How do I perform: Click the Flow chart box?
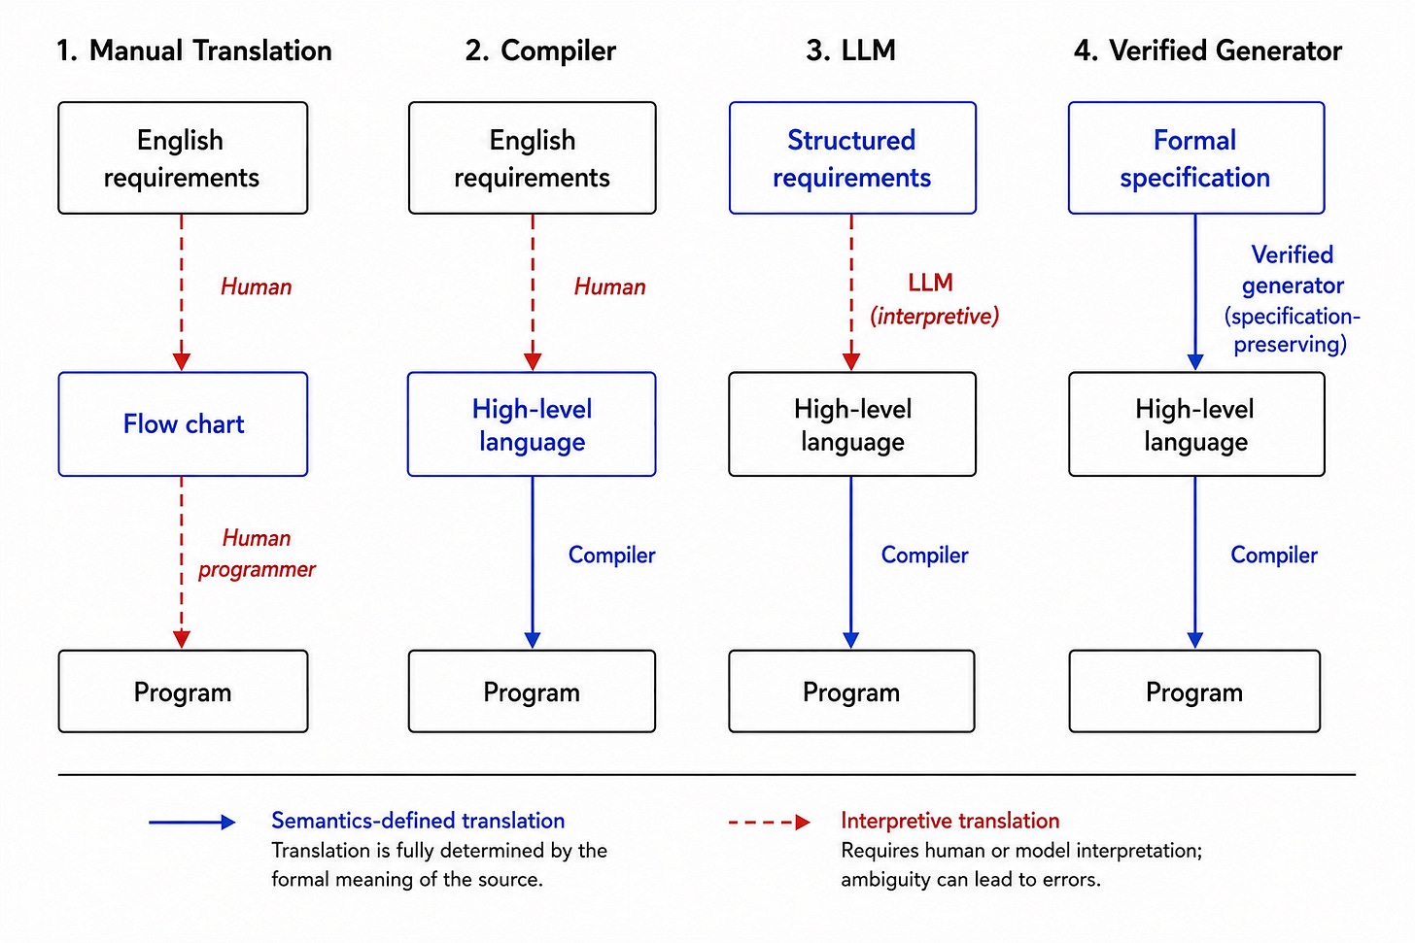183,423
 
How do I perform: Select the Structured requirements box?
852,157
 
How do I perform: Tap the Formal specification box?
1196,157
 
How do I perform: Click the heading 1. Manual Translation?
194,51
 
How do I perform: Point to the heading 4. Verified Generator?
1208,51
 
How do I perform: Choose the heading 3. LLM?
851,51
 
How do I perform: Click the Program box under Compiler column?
532,691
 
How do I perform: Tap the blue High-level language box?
532,423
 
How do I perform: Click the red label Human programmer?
257,554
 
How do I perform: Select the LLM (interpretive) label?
934,299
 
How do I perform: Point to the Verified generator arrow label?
1292,299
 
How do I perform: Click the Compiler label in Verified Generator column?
1274,555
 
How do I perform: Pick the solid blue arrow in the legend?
192,822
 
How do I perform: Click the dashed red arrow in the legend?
770,822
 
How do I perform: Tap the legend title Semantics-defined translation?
418,821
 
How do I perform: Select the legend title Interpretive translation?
950,821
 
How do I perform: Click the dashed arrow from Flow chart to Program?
182,562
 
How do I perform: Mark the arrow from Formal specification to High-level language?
1195,292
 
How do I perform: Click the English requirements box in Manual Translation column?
183,157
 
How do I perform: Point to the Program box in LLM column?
851,691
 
